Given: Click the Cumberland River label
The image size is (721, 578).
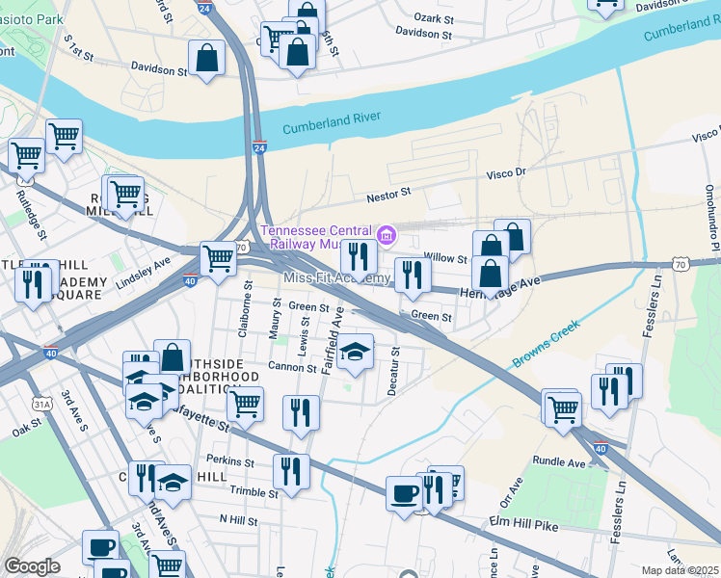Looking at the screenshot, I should (332, 122).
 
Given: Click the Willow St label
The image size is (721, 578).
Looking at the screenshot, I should (445, 258).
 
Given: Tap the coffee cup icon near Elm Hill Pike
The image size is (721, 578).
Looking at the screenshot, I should (404, 493).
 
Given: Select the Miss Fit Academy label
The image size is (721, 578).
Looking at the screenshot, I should (336, 278).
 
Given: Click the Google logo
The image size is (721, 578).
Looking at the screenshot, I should (32, 566).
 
